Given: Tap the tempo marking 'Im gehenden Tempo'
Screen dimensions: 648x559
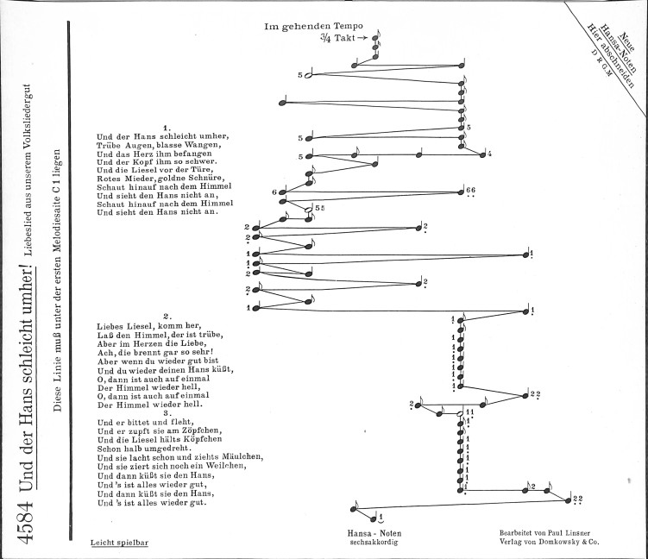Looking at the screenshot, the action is click(313, 27).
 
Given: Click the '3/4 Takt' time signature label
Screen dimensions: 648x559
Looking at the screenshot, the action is click(337, 38).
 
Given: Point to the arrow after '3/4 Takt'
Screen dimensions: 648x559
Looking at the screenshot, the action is click(362, 38).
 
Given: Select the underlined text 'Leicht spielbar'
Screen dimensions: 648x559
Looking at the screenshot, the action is click(119, 543).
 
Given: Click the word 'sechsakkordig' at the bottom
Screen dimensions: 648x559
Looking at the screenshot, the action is click(374, 543).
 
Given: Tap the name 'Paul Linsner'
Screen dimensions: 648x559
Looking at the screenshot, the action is click(569, 533).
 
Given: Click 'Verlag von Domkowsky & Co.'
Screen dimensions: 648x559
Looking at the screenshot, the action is click(550, 542).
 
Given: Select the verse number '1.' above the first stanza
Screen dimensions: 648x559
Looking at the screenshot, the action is click(167, 128).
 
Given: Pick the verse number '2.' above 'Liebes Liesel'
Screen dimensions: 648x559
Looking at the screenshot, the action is click(167, 317).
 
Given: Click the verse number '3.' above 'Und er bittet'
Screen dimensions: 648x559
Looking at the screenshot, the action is click(167, 413).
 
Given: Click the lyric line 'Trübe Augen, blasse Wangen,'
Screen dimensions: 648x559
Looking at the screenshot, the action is click(159, 146).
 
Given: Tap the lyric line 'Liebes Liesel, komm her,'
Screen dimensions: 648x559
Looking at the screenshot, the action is click(149, 326).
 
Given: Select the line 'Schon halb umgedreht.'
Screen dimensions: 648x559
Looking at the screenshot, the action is click(145, 449).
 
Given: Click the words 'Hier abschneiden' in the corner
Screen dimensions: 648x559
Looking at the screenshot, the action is click(611, 55).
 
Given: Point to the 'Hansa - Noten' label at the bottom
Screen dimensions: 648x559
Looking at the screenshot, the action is click(374, 533).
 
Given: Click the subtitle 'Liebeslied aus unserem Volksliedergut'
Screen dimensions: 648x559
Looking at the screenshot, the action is click(28, 169).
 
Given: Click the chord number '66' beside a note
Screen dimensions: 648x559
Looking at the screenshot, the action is click(470, 190).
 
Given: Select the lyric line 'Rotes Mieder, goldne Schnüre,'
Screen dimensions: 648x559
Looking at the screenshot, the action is click(160, 179).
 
